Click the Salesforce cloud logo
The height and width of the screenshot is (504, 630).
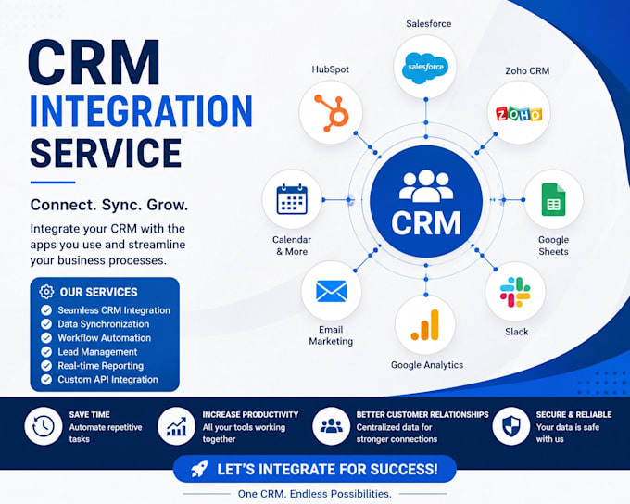(x=425, y=68)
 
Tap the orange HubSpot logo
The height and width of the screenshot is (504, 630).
(x=332, y=113)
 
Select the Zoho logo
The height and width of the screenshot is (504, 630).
(x=519, y=114)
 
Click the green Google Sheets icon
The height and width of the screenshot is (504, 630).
(x=553, y=200)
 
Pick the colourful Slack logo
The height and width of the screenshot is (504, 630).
(x=515, y=292)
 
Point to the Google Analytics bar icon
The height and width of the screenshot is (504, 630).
(x=425, y=325)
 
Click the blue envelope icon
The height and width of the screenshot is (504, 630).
(x=332, y=291)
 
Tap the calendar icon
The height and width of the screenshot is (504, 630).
(x=292, y=199)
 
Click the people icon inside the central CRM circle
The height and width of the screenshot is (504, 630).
(x=426, y=185)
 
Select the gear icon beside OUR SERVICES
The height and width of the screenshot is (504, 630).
(x=46, y=292)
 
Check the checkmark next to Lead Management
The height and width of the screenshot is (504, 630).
(x=46, y=352)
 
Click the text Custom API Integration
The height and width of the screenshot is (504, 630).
(x=107, y=380)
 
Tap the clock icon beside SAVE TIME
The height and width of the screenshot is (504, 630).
(x=44, y=426)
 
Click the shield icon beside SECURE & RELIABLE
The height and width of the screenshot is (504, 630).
(x=511, y=426)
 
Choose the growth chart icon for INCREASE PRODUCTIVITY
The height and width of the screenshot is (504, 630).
(x=176, y=426)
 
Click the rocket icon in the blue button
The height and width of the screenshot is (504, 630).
(x=199, y=469)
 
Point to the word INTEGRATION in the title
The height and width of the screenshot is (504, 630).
(x=141, y=111)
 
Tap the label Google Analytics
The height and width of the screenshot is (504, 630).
(x=427, y=365)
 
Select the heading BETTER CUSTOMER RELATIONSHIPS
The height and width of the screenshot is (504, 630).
(x=422, y=414)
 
